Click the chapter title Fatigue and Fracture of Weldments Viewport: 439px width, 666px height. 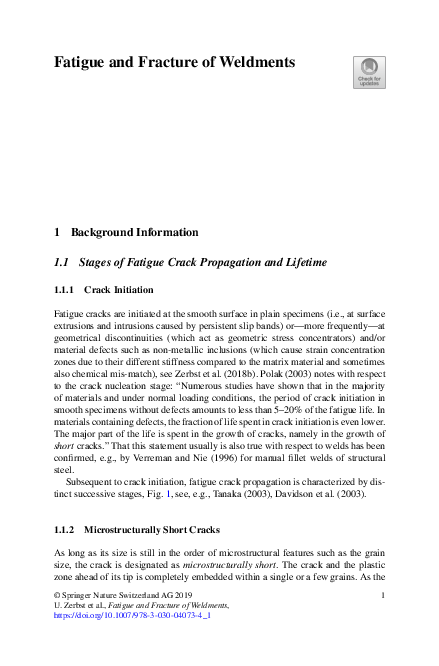point(174,62)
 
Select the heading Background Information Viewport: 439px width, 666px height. point(134,232)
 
